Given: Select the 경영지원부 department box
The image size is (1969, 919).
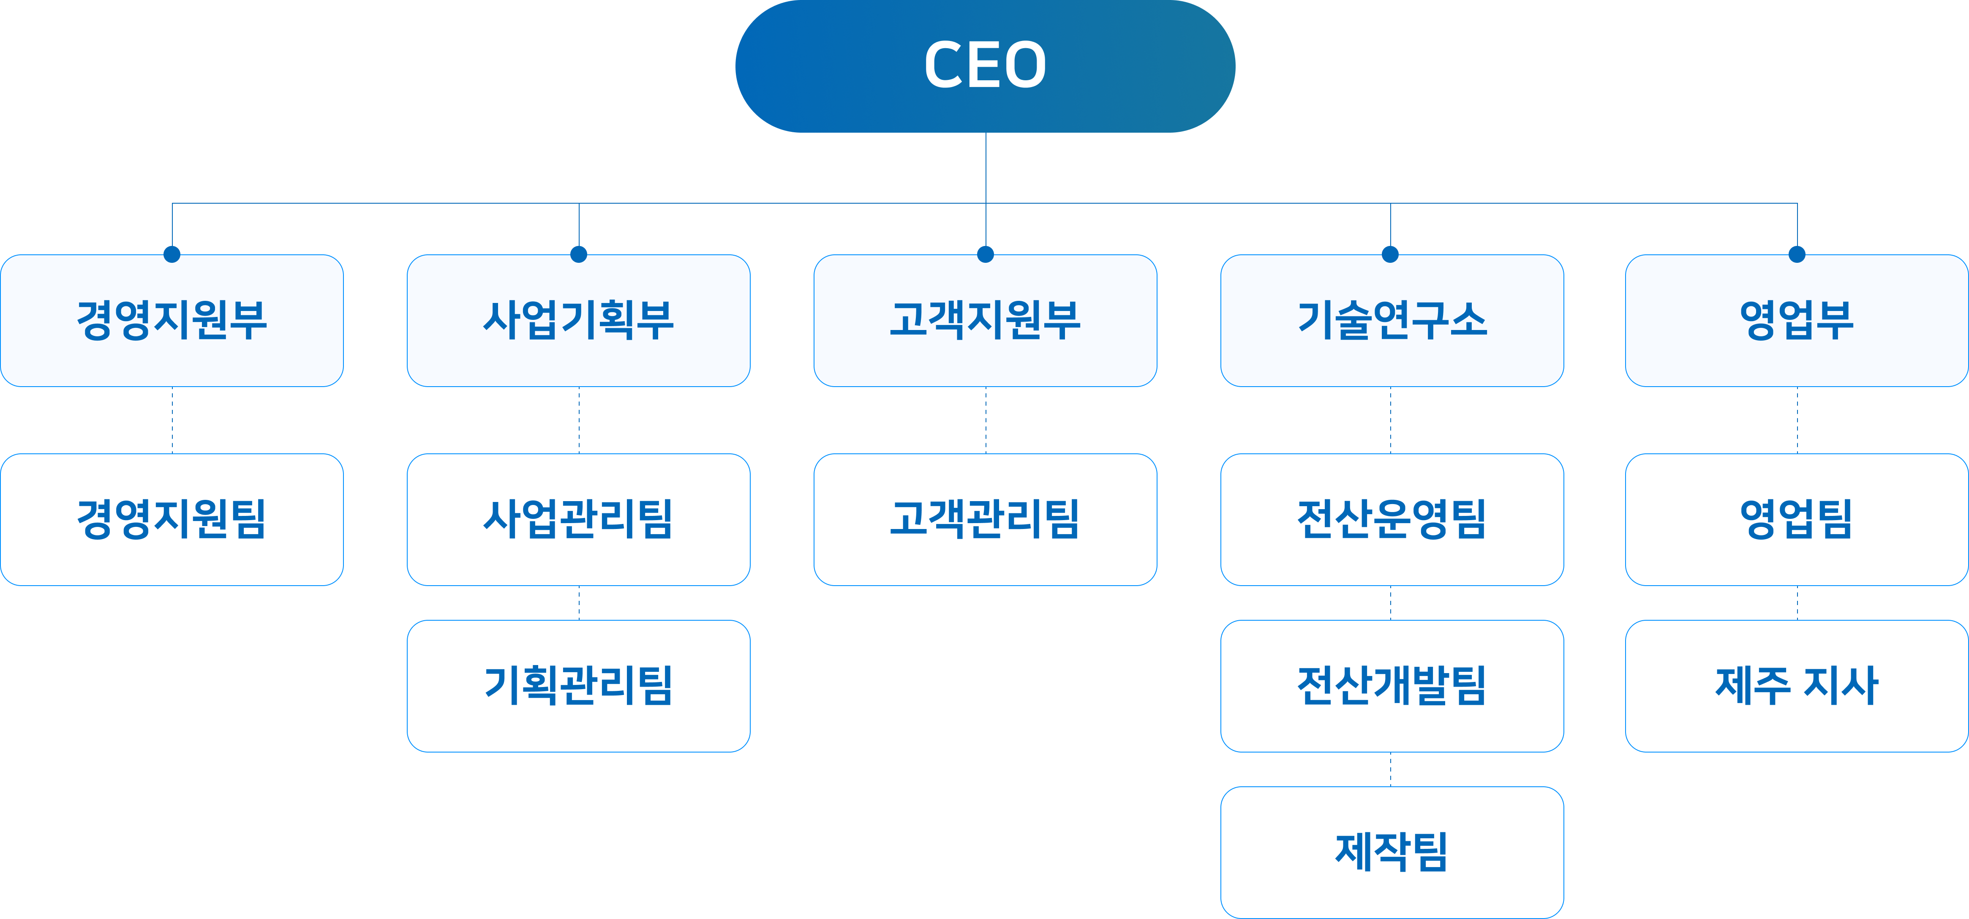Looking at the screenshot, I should (x=172, y=320).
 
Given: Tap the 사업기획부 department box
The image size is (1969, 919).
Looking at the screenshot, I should (x=579, y=320).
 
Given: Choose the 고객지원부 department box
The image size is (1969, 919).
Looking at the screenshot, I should (x=985, y=320).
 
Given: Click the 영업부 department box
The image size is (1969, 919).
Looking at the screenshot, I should (x=1796, y=320).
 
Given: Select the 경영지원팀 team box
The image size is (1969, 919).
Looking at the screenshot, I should (x=172, y=519).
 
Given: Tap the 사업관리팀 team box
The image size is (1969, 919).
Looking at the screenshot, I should (x=579, y=519).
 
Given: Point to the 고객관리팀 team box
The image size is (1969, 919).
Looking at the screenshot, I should (x=985, y=519).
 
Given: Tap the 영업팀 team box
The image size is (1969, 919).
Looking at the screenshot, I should (x=1796, y=519).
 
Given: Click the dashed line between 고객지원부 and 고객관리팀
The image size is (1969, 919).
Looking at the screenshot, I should (x=986, y=420).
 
